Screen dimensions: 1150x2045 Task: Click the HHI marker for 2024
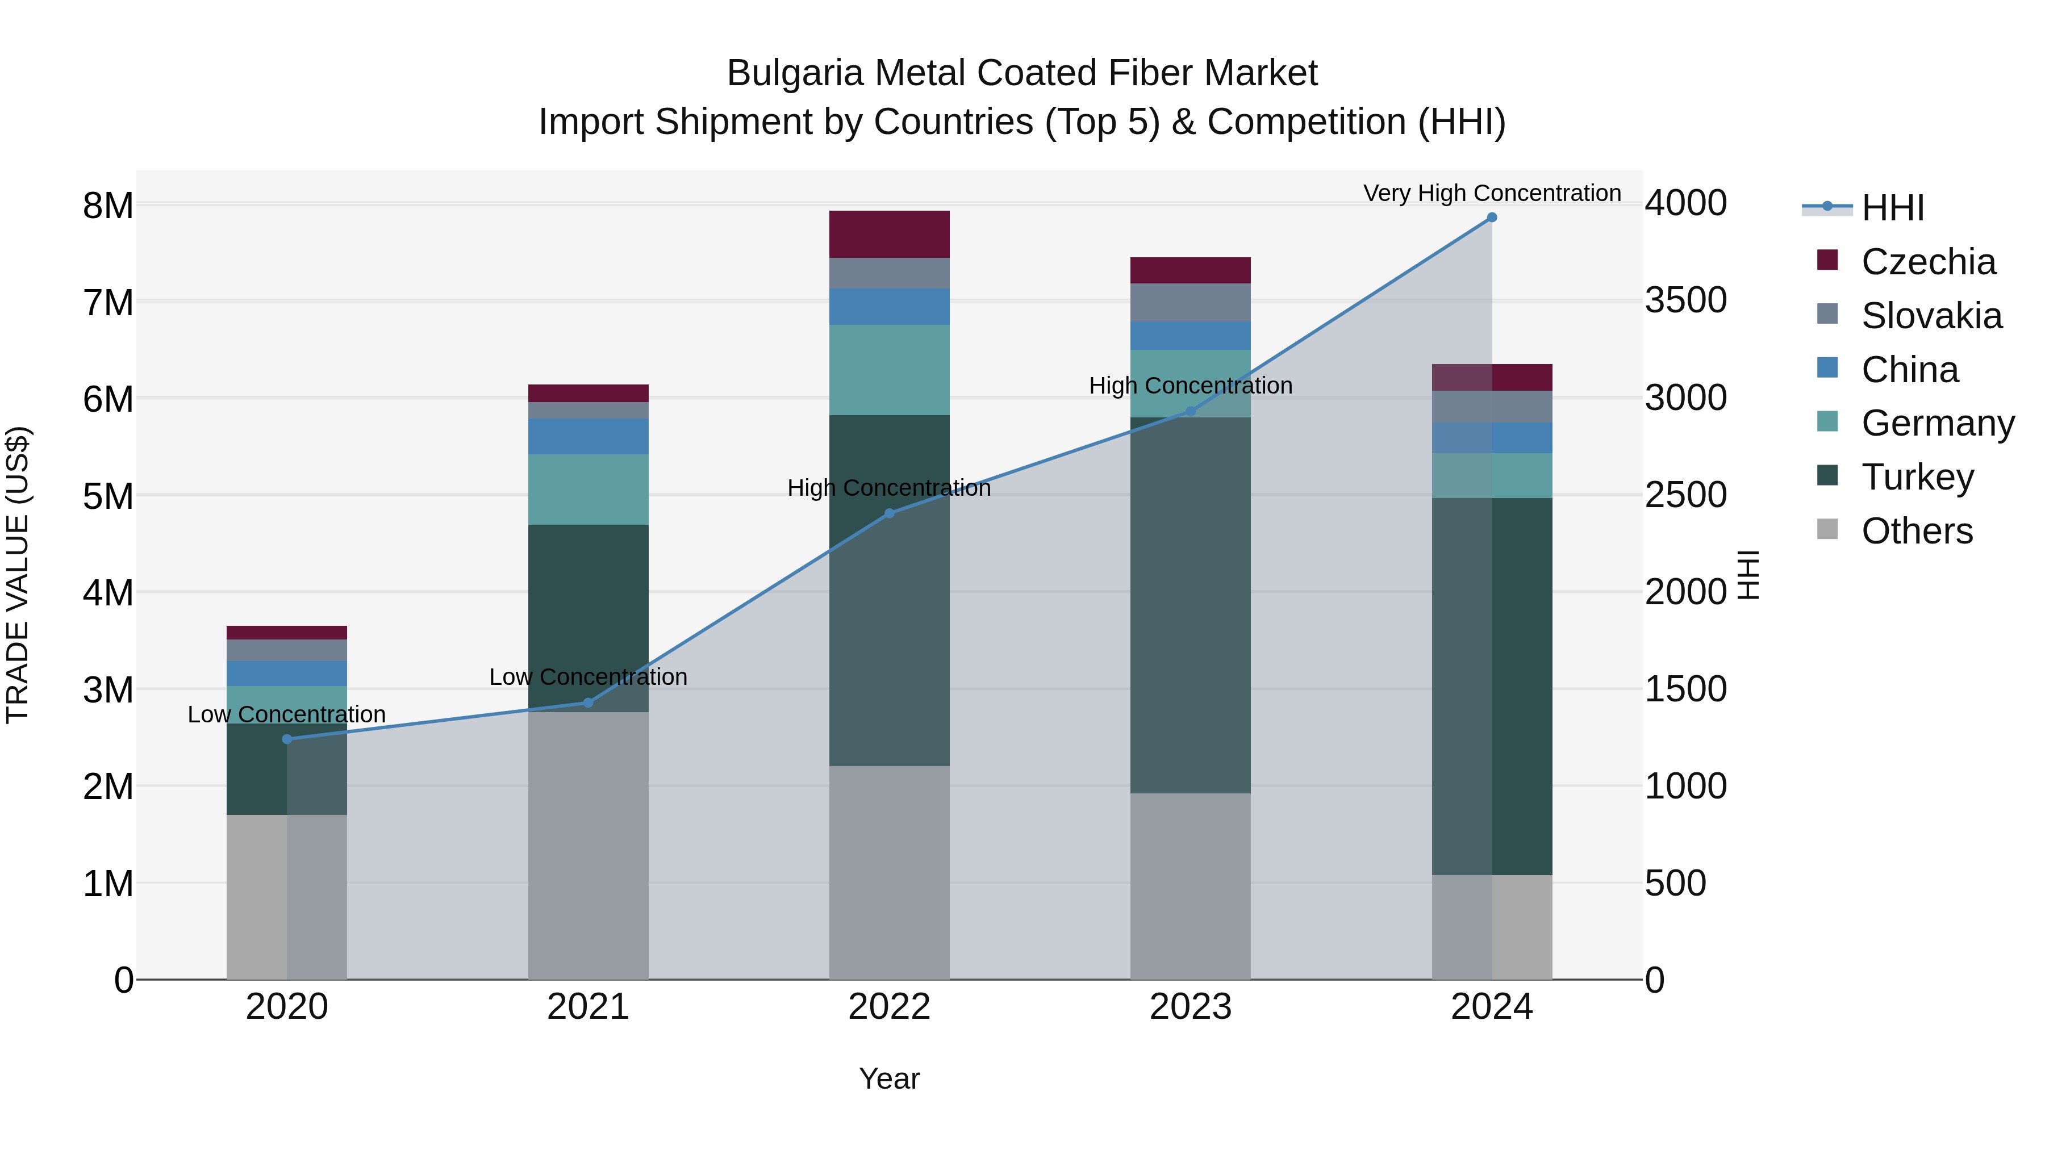1492,218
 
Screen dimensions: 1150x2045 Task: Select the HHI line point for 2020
287,739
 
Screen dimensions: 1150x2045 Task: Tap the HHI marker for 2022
889,513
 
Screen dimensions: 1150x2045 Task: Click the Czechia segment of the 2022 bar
889,234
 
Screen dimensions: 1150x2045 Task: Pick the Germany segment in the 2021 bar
589,489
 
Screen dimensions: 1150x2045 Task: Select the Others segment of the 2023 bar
1190,886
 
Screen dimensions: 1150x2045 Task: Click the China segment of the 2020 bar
287,673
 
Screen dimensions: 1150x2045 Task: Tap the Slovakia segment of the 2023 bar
1190,302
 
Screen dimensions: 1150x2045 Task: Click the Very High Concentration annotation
1492,193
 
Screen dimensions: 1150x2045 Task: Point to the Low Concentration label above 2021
589,677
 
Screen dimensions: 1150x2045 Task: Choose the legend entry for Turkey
1917,477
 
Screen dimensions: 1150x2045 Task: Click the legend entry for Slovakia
1931,316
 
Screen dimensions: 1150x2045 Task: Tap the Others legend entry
1917,531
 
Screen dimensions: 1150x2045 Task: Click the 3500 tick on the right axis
1685,301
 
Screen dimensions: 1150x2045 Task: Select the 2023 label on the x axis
1190,1007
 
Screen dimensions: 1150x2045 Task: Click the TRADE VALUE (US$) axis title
18,575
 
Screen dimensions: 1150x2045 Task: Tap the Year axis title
889,1078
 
